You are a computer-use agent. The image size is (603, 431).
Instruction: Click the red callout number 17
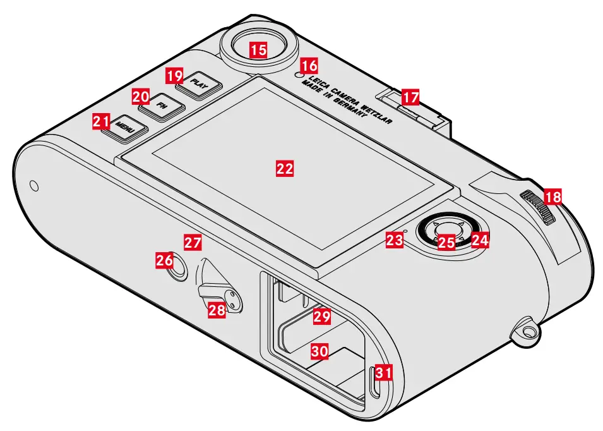[410, 97]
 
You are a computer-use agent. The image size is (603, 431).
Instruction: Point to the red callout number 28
[217, 310]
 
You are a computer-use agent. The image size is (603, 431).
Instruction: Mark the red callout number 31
[383, 373]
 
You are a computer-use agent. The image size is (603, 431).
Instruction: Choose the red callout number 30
[319, 352]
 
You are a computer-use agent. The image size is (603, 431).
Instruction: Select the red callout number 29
[322, 316]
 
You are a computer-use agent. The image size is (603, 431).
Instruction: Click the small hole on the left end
[35, 186]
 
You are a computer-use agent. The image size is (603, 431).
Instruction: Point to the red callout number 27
[192, 241]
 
